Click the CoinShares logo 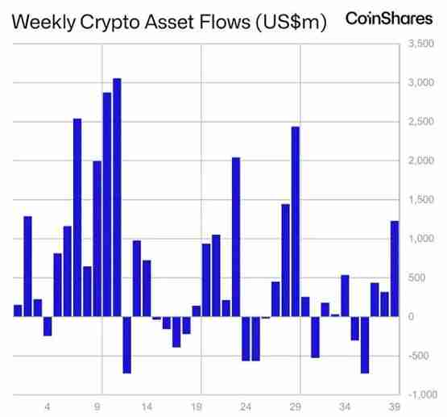tap(388, 18)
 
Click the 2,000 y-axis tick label tap(421, 161)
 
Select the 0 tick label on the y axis tap(412, 317)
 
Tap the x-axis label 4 tap(48, 407)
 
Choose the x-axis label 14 tap(147, 407)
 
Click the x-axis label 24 tap(246, 407)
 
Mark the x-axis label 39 tap(394, 407)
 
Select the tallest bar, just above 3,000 tap(117, 197)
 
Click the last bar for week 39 tap(395, 269)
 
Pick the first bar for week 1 tap(18, 311)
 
